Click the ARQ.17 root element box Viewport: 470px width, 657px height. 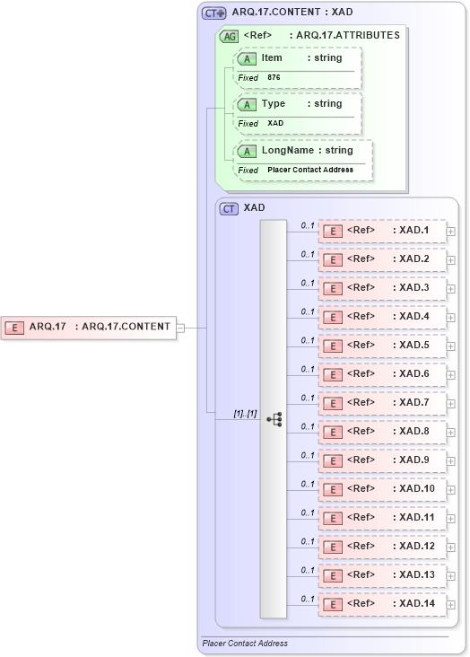pos(89,327)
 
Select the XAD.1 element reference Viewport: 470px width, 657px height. pos(382,232)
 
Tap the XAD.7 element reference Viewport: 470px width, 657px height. pos(382,403)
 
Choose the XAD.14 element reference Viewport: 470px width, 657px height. pos(382,604)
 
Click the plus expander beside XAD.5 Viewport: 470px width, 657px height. pos(451,346)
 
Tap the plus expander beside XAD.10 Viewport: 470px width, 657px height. pos(451,490)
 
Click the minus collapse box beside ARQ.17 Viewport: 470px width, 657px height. pos(180,328)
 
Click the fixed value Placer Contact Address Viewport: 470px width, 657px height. pos(309,170)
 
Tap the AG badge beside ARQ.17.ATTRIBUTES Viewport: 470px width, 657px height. pos(229,37)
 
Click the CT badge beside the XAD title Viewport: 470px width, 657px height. pos(229,208)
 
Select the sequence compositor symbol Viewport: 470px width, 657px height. pos(274,419)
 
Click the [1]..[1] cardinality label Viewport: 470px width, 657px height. pos(245,414)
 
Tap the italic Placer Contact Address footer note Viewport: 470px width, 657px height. pos(245,644)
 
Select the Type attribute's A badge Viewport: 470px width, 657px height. pos(247,105)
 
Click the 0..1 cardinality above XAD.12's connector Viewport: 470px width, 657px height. pos(307,541)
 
